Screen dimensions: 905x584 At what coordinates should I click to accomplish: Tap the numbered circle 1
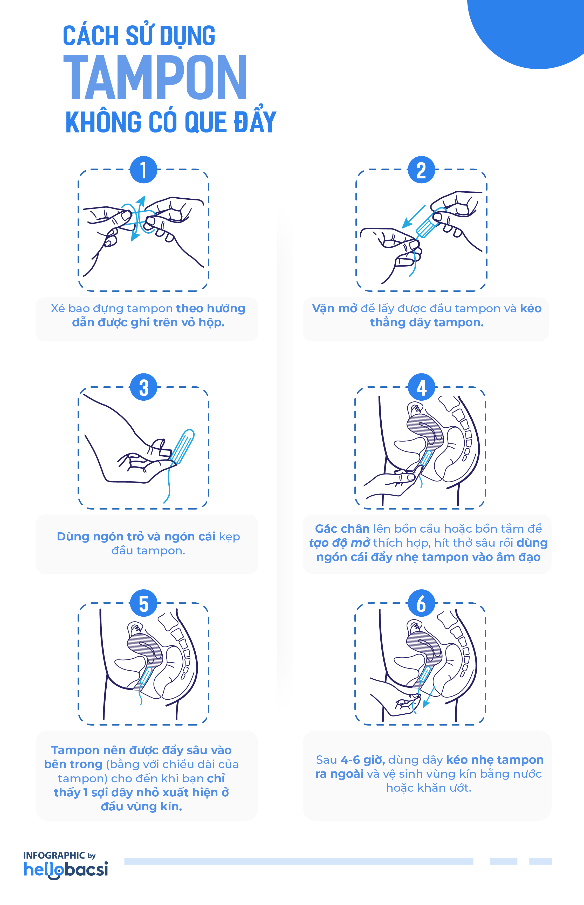(x=143, y=170)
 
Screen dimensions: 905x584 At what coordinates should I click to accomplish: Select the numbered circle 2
(x=421, y=170)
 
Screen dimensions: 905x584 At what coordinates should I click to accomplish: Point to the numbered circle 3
(x=143, y=387)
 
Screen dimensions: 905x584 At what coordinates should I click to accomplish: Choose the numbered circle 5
(x=143, y=603)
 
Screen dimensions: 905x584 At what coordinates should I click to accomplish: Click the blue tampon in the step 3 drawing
(x=183, y=447)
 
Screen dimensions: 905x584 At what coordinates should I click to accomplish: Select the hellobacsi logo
(x=66, y=869)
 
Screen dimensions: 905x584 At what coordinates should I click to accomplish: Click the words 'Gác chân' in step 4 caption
(x=342, y=529)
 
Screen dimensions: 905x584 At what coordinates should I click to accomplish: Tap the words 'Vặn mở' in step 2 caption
(x=334, y=309)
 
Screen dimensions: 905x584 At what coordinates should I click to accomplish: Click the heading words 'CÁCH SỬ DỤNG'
(x=139, y=36)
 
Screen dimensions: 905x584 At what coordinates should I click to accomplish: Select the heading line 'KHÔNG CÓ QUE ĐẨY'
(x=171, y=122)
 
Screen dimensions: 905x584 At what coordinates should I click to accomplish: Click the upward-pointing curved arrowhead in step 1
(x=141, y=200)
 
